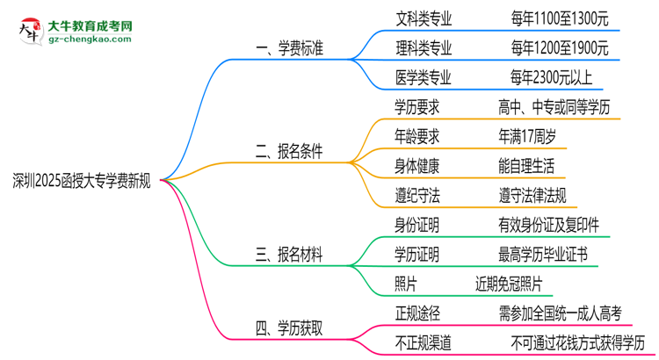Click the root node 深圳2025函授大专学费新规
click(82, 182)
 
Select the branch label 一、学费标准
click(288, 48)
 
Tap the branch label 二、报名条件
click(288, 151)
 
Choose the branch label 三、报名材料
click(288, 256)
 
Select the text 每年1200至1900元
click(558, 47)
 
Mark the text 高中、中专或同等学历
click(565, 107)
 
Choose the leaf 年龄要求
click(417, 136)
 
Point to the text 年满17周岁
click(525, 136)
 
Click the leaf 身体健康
click(417, 165)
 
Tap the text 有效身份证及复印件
click(547, 226)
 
